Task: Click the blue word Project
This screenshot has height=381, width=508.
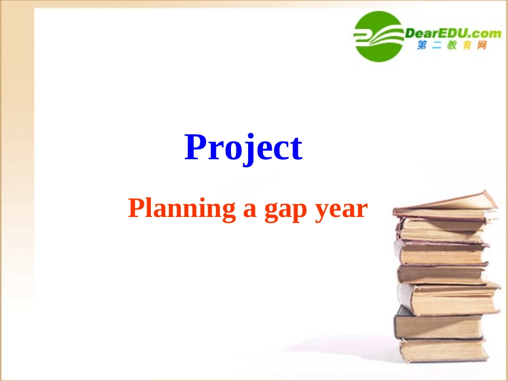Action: point(243,148)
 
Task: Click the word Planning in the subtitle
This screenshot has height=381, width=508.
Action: point(182,209)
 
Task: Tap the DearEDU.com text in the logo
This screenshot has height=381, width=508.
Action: point(453,33)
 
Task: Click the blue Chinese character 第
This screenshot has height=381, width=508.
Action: point(422,46)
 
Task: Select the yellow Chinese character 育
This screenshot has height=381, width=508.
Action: point(467,46)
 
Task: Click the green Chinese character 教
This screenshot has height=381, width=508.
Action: point(452,46)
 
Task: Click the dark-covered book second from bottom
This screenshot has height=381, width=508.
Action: point(438,325)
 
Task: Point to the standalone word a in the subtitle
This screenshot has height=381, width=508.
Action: point(250,210)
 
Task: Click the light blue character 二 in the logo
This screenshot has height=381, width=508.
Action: point(437,46)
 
